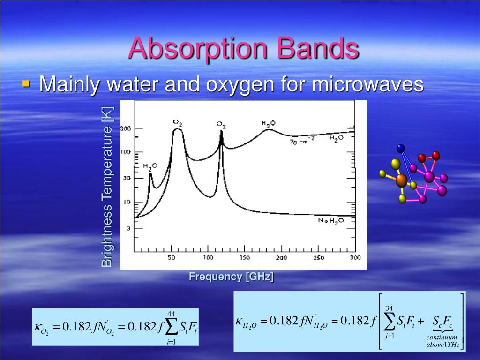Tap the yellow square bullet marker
coord(26,84)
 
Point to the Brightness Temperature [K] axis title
coord(107,187)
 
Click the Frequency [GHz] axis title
coord(231,277)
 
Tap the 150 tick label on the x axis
coord(244,259)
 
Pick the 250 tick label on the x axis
coord(318,259)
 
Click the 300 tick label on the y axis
coord(126,128)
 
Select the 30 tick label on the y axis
coord(127,178)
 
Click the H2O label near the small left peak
coord(150,166)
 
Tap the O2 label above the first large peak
coord(177,123)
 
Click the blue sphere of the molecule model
coord(400,149)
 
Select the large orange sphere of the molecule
coord(401,180)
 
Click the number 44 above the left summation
coord(172,314)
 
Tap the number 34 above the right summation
coord(389,308)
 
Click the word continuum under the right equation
coord(442,337)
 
